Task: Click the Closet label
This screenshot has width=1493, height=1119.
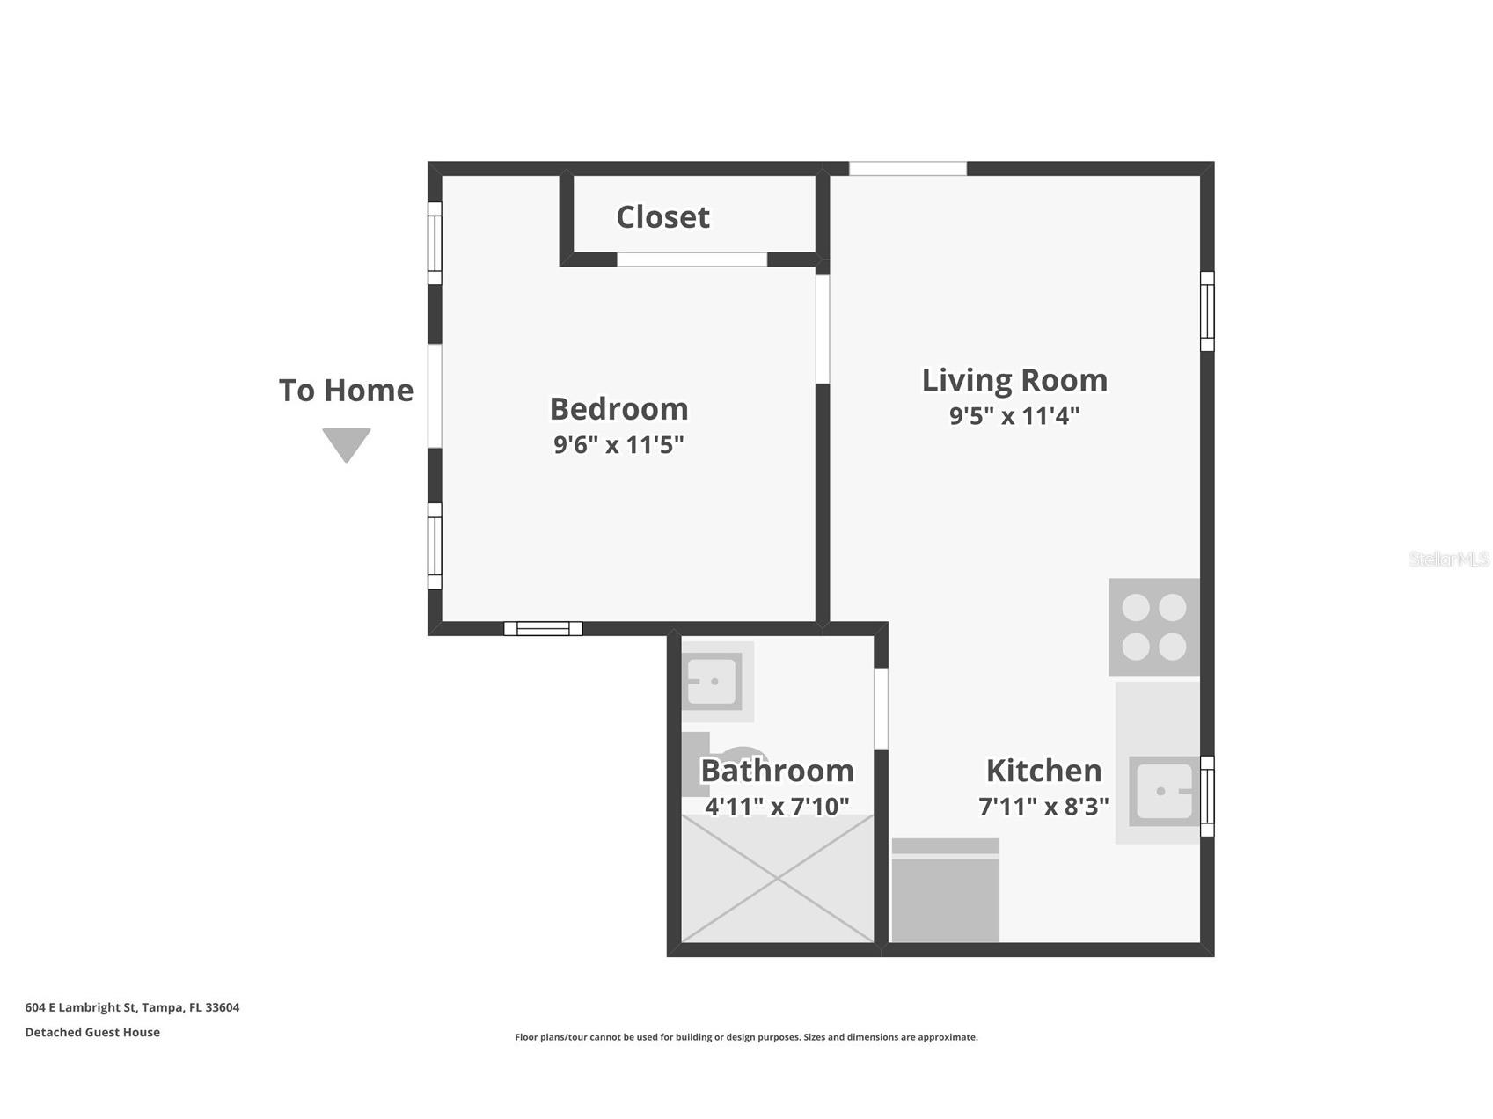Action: [662, 217]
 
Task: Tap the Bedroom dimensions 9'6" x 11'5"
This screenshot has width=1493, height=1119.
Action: [618, 444]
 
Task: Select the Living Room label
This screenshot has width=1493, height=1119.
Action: [1014, 380]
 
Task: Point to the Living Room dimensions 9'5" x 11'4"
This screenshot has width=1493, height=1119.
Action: [1014, 415]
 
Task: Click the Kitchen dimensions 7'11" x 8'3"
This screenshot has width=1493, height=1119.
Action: [1043, 806]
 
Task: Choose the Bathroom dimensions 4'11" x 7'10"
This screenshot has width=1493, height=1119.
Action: [777, 806]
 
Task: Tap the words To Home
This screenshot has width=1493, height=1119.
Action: [346, 391]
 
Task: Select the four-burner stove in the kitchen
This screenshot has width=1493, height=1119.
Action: [1154, 627]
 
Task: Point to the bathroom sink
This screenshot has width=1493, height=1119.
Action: [713, 682]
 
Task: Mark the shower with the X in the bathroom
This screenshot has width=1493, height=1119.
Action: [778, 879]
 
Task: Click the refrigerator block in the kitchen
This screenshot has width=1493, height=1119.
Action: [946, 890]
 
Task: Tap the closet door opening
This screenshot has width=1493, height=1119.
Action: [692, 260]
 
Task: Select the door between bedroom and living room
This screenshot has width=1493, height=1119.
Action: [823, 329]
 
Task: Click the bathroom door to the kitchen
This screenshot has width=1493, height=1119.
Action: [881, 709]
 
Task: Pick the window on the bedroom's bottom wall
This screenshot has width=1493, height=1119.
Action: [543, 628]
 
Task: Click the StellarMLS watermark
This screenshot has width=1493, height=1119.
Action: [1449, 559]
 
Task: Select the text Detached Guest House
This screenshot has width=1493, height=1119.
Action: [92, 1032]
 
